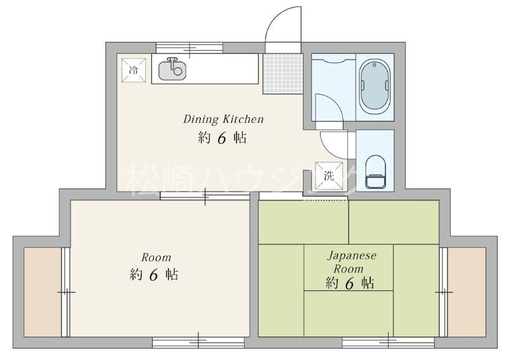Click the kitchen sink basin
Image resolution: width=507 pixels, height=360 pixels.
click(172, 70)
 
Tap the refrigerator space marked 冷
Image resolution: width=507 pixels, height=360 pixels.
click(134, 70)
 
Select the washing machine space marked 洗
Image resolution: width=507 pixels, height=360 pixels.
click(329, 176)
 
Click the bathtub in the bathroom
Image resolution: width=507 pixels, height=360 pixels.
click(375, 86)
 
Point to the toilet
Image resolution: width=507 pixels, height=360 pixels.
click(376, 172)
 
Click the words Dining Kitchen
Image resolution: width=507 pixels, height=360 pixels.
click(224, 119)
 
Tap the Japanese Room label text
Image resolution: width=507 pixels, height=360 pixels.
click(351, 262)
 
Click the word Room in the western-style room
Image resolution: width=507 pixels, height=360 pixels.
click(156, 257)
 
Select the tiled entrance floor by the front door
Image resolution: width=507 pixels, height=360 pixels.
click(283, 74)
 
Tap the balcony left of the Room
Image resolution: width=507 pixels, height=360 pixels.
click(42, 292)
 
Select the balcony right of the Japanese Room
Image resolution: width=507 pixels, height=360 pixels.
click(466, 292)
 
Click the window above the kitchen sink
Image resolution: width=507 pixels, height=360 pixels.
click(189, 48)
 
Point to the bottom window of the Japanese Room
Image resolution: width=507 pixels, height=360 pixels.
click(388, 342)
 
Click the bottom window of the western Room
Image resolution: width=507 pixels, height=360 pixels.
click(198, 342)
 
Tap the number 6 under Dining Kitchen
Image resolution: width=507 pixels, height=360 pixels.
click(222, 138)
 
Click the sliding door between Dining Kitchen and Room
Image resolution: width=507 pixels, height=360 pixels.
click(205, 195)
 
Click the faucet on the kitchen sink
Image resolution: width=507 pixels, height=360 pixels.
click(172, 61)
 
